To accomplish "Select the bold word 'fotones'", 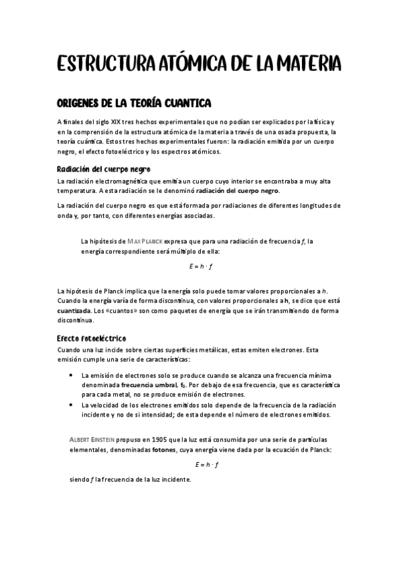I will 163,450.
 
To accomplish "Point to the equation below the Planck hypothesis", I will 200,266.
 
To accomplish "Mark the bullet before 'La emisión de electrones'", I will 71,375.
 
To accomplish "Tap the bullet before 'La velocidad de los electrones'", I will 71,405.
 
